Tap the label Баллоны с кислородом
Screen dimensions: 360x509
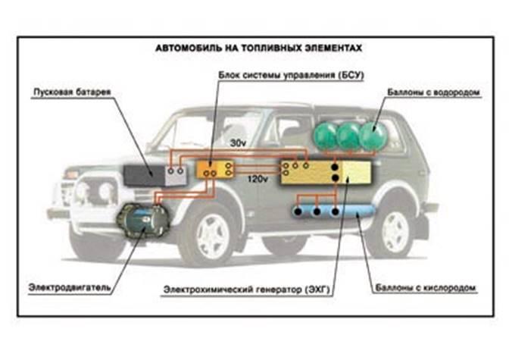point(425,288)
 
